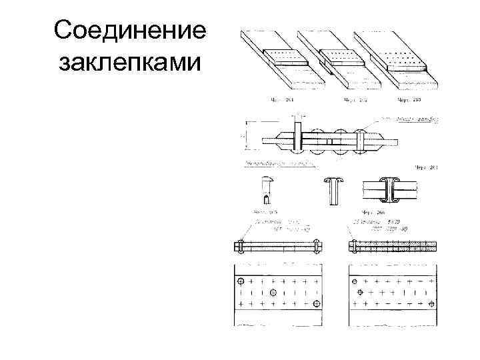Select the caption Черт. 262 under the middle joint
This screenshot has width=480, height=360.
355,101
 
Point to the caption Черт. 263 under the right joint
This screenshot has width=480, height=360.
408,101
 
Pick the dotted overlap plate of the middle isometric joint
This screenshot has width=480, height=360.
341,56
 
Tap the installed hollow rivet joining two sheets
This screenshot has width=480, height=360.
389,190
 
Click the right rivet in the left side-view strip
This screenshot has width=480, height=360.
317,246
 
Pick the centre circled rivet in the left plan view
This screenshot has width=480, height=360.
273,293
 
